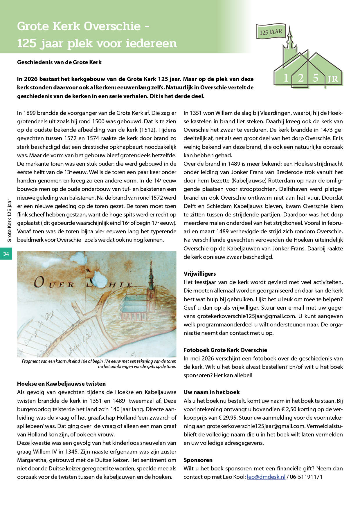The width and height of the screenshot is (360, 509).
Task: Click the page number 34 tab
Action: [6, 254]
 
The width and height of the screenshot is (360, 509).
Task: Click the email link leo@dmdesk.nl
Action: [266, 477]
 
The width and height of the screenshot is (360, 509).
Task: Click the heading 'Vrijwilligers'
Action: [200, 274]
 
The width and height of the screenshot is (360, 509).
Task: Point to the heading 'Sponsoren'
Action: [198, 460]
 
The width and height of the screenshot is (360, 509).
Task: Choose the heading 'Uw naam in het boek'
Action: [212, 392]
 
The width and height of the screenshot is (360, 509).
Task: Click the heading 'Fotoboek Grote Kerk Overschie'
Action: [225, 350]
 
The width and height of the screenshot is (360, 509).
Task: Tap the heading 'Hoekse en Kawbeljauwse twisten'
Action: [61, 384]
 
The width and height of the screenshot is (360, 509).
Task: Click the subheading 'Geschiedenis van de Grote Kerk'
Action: [59, 62]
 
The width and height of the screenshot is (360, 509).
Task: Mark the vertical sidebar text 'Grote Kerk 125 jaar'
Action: [10, 221]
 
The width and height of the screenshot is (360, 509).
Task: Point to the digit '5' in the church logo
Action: [316, 78]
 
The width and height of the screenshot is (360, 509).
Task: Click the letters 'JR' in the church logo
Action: [333, 79]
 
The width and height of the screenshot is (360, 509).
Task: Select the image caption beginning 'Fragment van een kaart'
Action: [99, 364]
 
